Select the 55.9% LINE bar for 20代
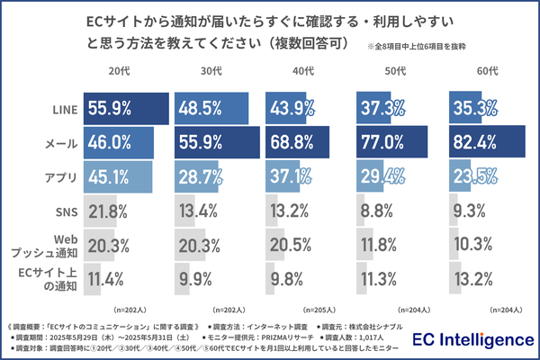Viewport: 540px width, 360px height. click(127, 108)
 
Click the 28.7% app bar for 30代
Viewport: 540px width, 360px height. click(199, 175)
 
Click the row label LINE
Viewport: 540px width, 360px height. click(60, 108)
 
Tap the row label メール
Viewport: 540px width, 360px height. click(58, 141)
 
